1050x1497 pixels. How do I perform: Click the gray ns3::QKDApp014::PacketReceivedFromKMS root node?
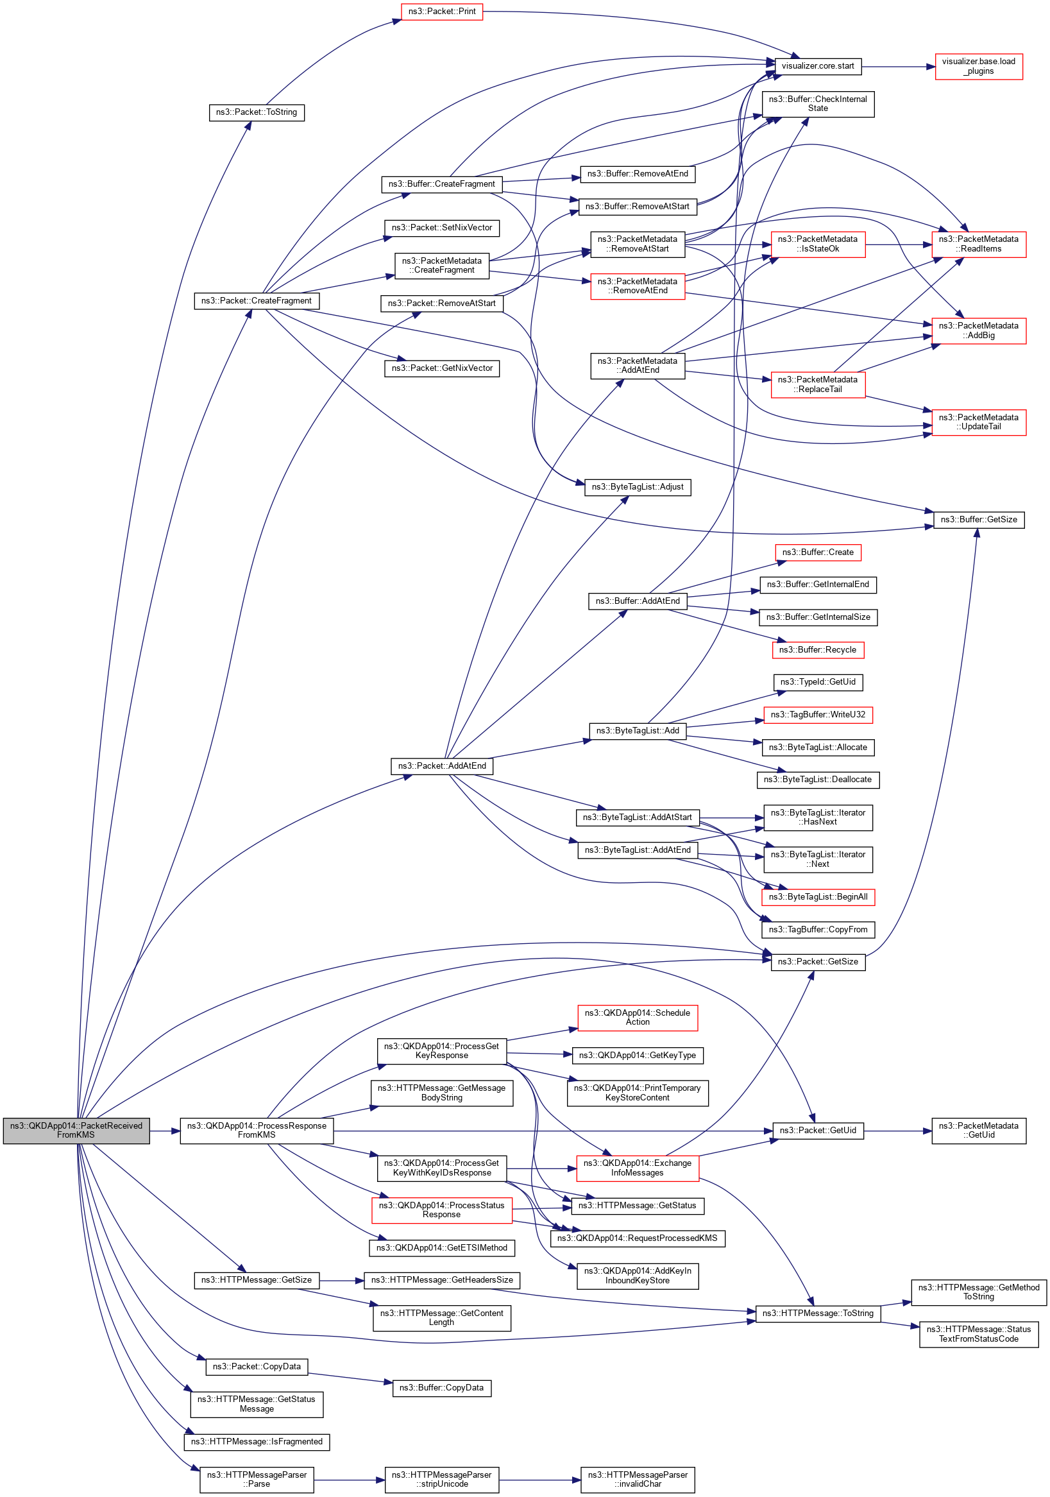[76, 1130]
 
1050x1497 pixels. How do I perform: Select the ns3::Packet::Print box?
[441, 12]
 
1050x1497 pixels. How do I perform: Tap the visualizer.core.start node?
[817, 66]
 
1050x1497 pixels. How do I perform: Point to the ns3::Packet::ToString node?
[256, 112]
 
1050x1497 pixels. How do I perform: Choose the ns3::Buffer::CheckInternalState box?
[817, 104]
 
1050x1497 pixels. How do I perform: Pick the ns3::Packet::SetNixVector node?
[441, 228]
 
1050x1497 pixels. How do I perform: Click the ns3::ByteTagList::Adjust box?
[637, 487]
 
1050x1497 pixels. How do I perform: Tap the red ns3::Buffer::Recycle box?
[817, 650]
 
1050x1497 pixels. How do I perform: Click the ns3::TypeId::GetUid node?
[817, 682]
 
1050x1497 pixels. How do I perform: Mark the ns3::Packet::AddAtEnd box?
[441, 766]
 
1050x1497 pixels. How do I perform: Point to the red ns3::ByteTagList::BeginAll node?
[817, 897]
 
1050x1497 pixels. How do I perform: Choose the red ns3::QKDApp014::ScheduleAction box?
[637, 1017]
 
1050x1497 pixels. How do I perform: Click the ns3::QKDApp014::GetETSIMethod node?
[441, 1247]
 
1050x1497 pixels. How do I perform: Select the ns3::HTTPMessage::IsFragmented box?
[256, 1442]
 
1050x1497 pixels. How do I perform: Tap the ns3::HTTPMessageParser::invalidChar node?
[637, 1480]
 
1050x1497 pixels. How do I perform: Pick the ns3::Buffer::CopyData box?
[441, 1387]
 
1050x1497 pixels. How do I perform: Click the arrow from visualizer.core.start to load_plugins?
[897, 67]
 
